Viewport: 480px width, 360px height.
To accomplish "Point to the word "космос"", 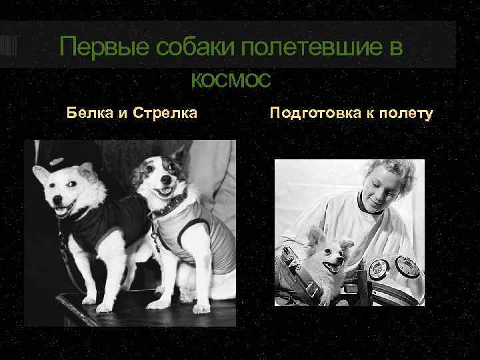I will [231, 80].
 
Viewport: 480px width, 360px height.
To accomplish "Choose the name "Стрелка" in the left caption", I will [165, 113].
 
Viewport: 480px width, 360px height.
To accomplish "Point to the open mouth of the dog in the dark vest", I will [60, 212].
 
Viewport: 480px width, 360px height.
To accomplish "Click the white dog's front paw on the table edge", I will [104, 308].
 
